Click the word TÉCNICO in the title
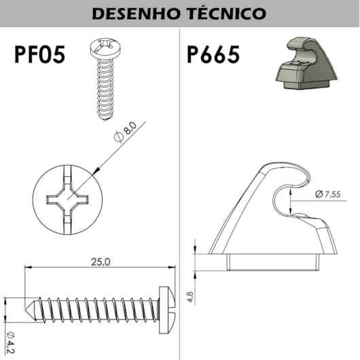[226, 14]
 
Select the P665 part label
[213, 56]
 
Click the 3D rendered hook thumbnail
[304, 65]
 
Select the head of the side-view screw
[166, 308]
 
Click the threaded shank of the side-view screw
[95, 308]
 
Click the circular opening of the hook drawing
[294, 198]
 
